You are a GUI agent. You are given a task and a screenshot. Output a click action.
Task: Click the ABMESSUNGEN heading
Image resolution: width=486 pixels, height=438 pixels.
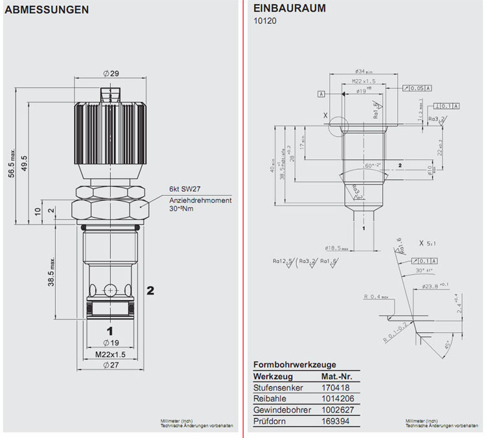tap(47, 10)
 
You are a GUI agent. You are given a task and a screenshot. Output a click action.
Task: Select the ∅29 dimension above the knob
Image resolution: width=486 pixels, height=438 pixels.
tap(111, 74)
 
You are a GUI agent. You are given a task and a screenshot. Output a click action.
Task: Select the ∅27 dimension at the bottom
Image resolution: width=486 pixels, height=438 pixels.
tap(111, 365)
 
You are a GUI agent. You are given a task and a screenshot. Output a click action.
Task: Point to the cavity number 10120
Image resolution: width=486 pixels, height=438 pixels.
tap(264, 21)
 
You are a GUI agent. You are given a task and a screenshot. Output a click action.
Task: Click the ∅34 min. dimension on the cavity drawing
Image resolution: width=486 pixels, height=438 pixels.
tap(365, 71)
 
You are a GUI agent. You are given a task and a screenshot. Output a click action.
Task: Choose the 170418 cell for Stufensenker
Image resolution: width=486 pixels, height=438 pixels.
tap(334, 387)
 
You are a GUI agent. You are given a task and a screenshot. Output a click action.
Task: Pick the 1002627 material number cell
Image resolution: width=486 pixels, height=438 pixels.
tap(338, 409)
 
